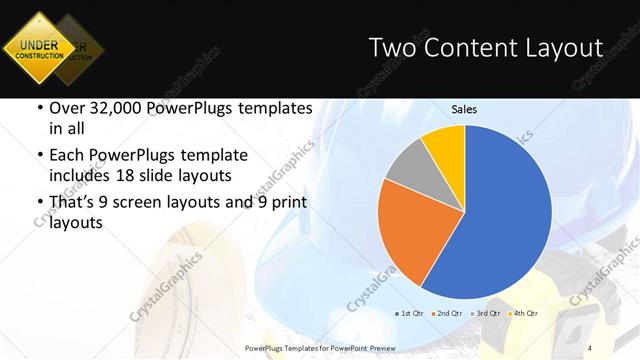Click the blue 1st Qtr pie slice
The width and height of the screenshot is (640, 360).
pos(500,215)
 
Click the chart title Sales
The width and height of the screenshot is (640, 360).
pos(464,109)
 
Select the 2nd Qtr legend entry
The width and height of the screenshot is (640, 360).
pos(447,314)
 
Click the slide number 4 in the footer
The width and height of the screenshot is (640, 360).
pos(591,348)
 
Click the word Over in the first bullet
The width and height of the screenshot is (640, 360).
pos(67,109)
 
